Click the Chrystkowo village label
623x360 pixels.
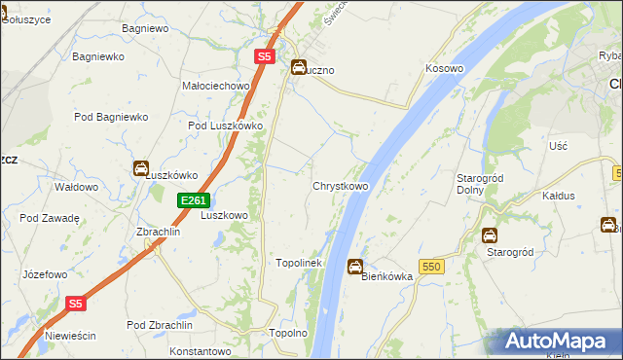pos(340,186)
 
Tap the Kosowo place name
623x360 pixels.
pos(443,69)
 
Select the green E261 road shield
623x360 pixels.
pos(190,200)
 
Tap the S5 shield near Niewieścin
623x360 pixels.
pos(77,304)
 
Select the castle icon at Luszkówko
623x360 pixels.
pos(141,168)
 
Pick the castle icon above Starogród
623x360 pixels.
pos(490,234)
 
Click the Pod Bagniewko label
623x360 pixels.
pos(111,117)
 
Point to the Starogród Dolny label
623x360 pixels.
pos(477,183)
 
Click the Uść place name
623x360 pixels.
pos(558,145)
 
